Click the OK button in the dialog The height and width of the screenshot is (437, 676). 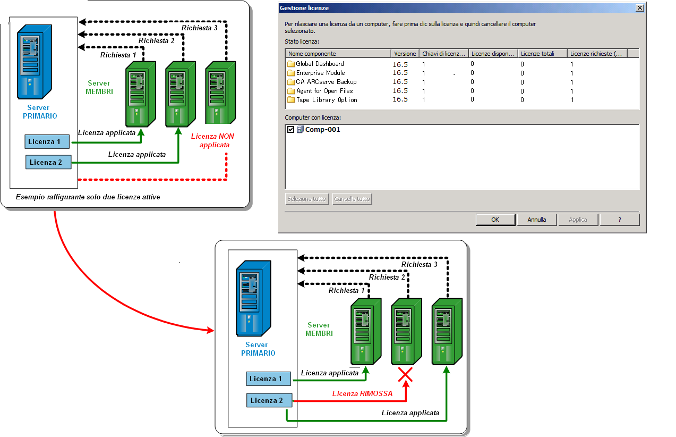[495, 220]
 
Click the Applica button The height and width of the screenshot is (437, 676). [578, 220]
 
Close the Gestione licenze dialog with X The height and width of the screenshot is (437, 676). [640, 8]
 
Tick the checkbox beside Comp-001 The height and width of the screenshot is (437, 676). [290, 130]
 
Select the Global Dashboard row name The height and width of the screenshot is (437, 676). [320, 64]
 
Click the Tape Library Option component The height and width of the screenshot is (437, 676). [326, 100]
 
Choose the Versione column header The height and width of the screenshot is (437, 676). [405, 54]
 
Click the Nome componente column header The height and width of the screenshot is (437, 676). [312, 54]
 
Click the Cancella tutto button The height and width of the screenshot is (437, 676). [352, 199]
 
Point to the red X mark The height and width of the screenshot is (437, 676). [405, 375]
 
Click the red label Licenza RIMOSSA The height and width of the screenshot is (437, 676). [362, 394]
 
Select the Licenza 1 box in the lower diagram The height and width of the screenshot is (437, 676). [269, 379]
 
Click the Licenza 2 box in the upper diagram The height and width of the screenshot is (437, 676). [48, 162]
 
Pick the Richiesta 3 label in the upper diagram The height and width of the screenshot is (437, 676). [199, 28]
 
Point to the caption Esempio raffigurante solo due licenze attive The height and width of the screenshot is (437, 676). [88, 197]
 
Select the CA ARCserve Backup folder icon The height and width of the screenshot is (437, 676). [291, 82]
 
